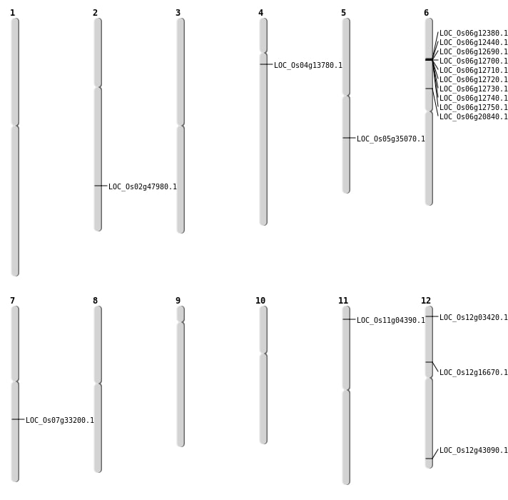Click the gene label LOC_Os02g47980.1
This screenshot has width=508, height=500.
(x=143, y=186)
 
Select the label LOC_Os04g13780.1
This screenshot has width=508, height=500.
(x=308, y=65)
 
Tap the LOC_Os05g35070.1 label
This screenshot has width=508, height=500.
(x=391, y=139)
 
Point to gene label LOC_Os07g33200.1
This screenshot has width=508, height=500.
(x=60, y=420)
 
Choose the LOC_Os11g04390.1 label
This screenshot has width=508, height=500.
(x=391, y=321)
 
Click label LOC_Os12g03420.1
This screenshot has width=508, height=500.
(x=474, y=317)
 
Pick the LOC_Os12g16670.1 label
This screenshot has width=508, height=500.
(x=474, y=373)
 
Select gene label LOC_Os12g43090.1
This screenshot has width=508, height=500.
(x=474, y=451)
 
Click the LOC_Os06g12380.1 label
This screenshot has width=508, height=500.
(x=474, y=34)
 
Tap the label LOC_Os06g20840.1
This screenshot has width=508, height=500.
(x=474, y=116)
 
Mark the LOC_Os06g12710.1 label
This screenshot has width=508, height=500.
(x=474, y=71)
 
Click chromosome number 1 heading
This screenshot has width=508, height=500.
(x=12, y=13)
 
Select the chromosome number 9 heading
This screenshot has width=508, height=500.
(x=178, y=301)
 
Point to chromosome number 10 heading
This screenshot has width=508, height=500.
(x=260, y=301)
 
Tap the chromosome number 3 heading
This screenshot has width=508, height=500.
(x=178, y=13)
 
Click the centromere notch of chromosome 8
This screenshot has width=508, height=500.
(x=98, y=384)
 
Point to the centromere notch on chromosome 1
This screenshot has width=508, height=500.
(x=15, y=126)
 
